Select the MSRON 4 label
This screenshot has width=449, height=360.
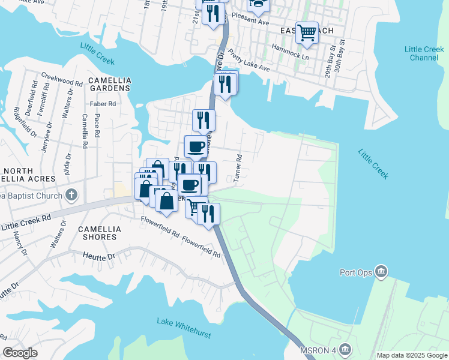[x=319, y=349]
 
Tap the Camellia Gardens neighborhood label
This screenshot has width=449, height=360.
[x=109, y=84]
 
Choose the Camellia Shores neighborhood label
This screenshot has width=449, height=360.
[x=100, y=233]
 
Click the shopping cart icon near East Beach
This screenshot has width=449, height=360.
[x=307, y=32]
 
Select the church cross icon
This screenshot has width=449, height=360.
[x=71, y=195]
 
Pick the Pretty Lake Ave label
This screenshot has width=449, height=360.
[x=249, y=62]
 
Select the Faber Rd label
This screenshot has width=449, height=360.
[x=103, y=104]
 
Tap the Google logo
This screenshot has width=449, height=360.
[x=20, y=353]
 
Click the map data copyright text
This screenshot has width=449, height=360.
[x=412, y=355]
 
